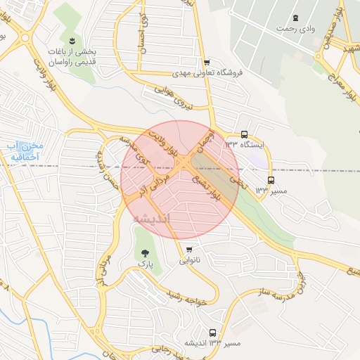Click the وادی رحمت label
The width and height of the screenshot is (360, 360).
(297, 29)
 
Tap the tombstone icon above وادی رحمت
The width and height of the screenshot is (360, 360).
(296, 17)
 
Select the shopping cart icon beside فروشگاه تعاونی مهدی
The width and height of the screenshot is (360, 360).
(205, 63)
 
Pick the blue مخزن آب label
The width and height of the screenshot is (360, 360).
(25, 150)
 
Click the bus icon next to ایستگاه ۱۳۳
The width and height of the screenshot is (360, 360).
(244, 134)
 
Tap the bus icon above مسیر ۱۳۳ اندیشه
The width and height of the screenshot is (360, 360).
(212, 333)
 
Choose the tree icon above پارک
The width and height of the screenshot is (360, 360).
(145, 253)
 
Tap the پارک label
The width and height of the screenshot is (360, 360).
(145, 264)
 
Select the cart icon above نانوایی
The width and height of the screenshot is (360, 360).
(190, 250)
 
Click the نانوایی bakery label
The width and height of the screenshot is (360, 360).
(189, 260)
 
